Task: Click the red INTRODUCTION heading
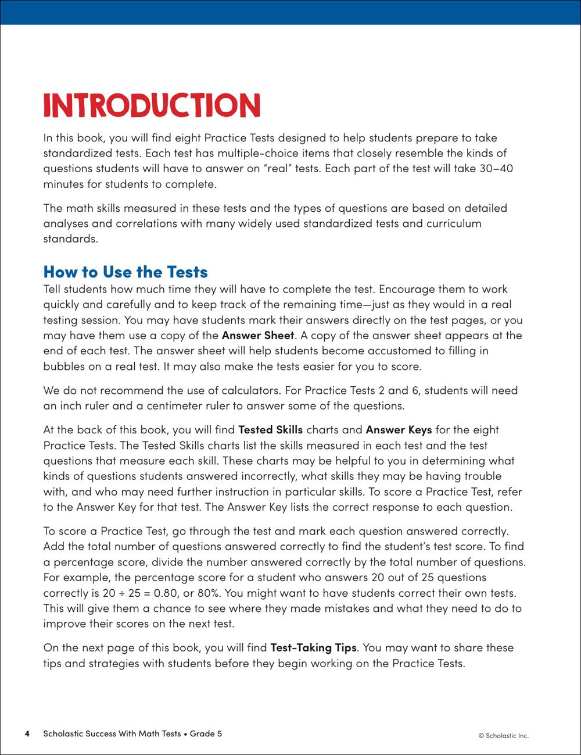(152, 105)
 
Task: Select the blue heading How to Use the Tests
(125, 272)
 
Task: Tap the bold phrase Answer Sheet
(259, 336)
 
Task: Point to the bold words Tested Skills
(271, 430)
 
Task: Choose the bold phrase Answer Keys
(399, 430)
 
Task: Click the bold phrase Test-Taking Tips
(313, 647)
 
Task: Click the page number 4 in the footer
(27, 733)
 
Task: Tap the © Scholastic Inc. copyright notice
(504, 735)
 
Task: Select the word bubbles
(64, 366)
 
